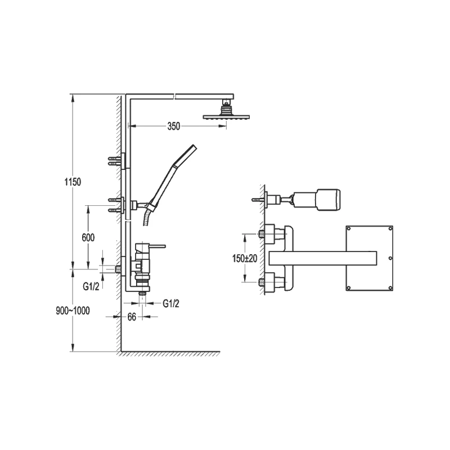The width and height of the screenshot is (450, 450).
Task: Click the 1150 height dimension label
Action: coord(73,182)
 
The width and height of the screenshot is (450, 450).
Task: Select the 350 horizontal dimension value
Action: coord(173,127)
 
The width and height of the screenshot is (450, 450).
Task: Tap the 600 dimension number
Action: coord(88,238)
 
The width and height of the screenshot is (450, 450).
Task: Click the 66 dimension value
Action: coord(131,317)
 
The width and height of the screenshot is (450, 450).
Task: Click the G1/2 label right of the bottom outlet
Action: coord(171,304)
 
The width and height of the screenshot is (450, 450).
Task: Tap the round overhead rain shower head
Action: coord(226,116)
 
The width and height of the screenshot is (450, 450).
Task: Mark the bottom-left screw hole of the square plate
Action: coord(349,289)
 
